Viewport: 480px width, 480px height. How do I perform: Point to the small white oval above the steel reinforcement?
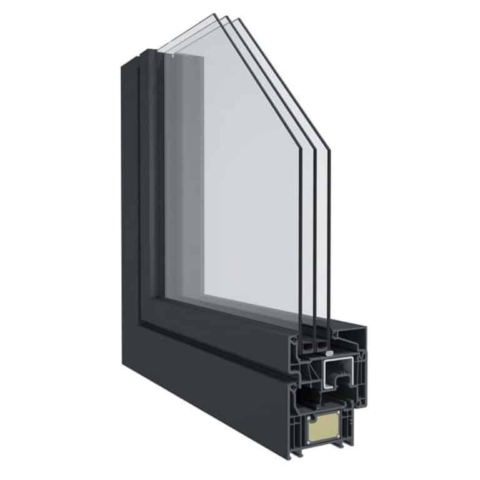(x=329, y=354)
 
